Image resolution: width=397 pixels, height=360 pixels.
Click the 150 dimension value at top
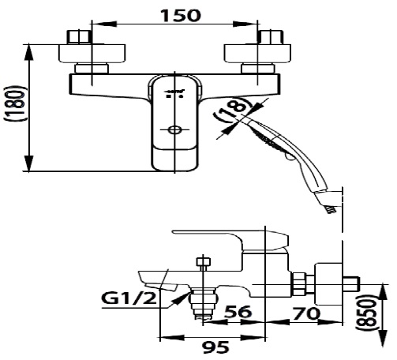[178, 14]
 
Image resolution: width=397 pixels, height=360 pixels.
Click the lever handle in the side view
[229, 238]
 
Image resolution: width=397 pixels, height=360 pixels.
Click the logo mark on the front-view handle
[174, 93]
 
